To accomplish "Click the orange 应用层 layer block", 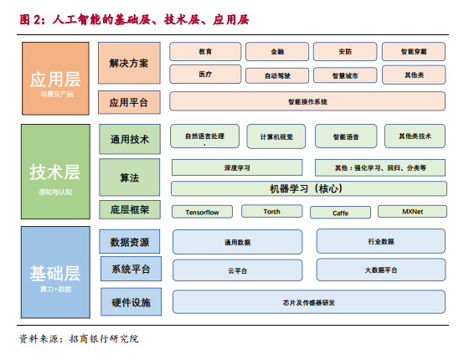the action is pos(55,79).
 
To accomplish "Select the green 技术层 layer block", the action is pos(55,172).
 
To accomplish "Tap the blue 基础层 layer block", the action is pos(55,272).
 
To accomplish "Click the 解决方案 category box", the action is pos(129,63).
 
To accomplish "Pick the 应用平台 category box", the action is pos(129,102).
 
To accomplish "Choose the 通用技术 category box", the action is pos(130,139).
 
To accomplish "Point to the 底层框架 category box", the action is pos(130,209).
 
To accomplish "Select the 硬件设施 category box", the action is pos(131,302).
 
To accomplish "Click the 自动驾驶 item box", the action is pos(277,75).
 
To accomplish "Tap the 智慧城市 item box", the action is pos(345,75).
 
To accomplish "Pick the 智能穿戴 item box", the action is pos(414,52).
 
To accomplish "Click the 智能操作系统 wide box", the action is pos(307,101).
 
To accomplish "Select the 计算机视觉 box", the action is pos(276,136).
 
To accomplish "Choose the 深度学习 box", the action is pos(237,167).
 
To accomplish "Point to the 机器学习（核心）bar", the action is pos(309,188).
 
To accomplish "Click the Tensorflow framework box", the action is pos(202,212).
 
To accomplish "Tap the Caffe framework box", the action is pos(340,213).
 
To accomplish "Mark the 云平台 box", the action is pos(238,270).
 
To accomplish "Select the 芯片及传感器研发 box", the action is pos(309,302).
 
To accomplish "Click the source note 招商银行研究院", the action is pos(104,339).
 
